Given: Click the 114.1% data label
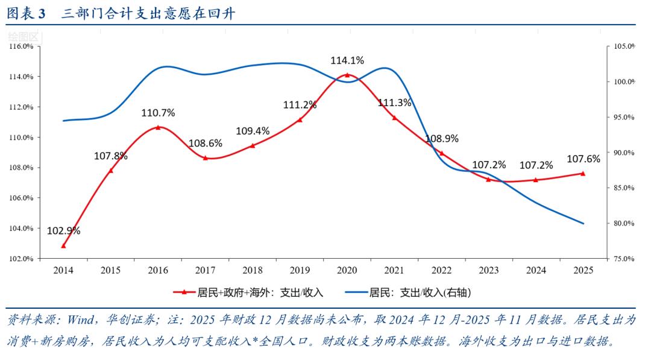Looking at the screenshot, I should [347, 60].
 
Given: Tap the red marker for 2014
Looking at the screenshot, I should [63, 245].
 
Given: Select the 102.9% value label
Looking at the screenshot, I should [63, 231].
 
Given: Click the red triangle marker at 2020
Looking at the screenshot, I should [347, 75].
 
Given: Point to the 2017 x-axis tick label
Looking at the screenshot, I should [205, 271].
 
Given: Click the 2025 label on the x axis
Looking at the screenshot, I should [583, 271].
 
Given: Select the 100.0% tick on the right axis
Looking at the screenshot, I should [624, 82].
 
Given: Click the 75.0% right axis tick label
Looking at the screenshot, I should [624, 259].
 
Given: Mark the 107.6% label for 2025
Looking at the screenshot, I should [583, 159].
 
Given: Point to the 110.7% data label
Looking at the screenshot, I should [158, 113].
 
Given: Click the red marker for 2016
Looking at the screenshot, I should [158, 127].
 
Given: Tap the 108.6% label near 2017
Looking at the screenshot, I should [205, 144].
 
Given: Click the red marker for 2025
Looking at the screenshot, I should [583, 174].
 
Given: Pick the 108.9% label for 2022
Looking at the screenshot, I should [442, 139].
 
